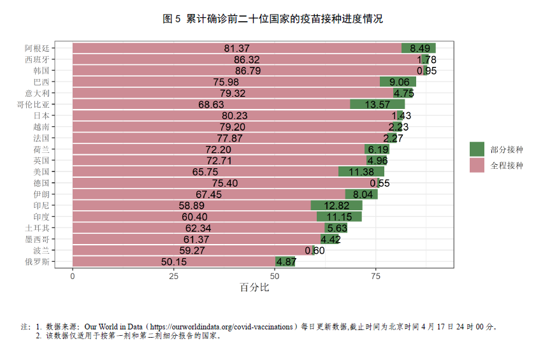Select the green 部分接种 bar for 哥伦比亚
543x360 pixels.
[377, 104]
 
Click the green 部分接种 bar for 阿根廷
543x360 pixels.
[419, 48]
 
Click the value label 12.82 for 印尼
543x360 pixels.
[337, 205]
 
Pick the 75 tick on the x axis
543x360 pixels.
[376, 276]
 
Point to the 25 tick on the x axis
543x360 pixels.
[173, 276]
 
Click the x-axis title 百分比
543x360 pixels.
[254, 287]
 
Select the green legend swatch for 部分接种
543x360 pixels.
[477, 149]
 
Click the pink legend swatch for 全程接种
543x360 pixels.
[477, 165]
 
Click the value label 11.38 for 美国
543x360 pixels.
[361, 172]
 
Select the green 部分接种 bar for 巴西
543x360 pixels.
[398, 82]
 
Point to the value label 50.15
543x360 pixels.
[174, 262]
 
